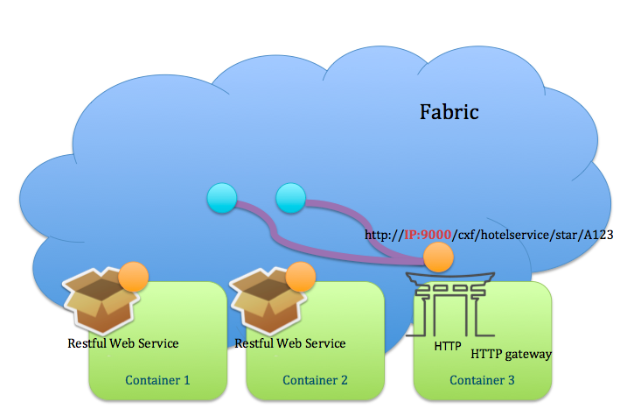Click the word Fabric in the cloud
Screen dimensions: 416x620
point(449,112)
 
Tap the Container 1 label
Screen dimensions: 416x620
point(157,380)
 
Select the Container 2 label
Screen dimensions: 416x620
point(315,380)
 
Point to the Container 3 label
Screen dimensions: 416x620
point(482,380)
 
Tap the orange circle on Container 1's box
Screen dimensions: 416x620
point(133,277)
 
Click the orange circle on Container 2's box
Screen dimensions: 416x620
point(300,277)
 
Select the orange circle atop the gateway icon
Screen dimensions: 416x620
point(438,257)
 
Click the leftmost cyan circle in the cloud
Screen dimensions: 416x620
point(220,200)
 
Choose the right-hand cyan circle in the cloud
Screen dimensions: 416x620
point(289,200)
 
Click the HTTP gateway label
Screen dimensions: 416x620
point(512,355)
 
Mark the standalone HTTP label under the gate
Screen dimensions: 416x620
point(448,346)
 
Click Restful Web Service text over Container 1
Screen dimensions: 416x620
point(123,343)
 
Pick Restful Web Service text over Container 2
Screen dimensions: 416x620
point(289,343)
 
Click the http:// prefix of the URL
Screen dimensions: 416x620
point(384,236)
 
